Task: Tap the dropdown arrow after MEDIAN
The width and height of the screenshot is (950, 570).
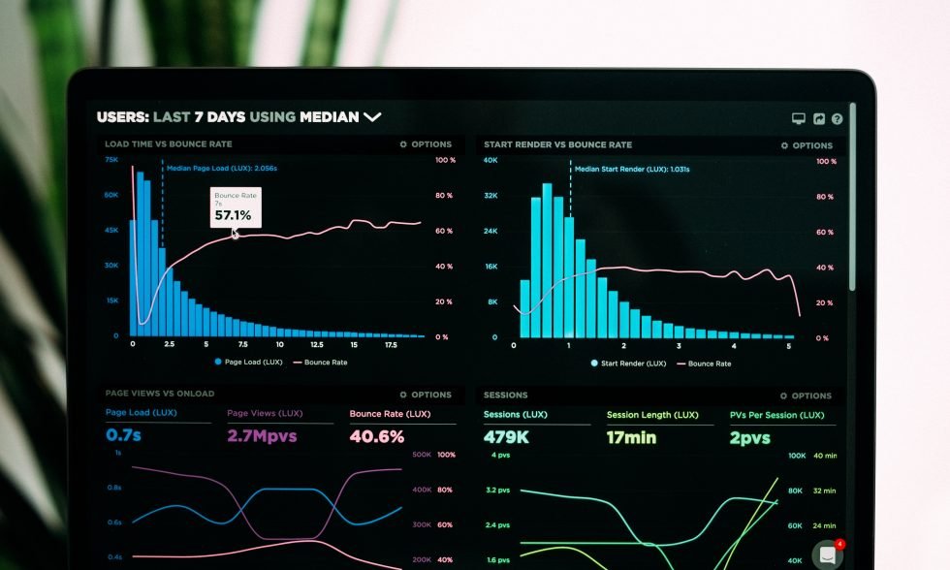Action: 372,117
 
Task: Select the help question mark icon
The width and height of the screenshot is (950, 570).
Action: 837,118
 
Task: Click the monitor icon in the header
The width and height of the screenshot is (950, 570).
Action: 799,118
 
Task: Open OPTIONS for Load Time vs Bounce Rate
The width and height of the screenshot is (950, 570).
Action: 426,144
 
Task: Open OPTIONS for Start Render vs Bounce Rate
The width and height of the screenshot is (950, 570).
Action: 807,145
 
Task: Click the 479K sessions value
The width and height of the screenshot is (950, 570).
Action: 506,437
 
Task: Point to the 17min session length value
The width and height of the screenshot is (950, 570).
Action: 631,437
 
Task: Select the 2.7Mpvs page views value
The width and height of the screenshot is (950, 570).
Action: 262,436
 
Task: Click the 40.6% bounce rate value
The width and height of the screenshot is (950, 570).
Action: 377,436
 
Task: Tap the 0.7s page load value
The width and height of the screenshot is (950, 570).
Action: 123,435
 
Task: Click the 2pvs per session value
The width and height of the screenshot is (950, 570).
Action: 749,438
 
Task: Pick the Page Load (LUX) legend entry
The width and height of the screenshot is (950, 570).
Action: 247,362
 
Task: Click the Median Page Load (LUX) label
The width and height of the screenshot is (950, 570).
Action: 222,168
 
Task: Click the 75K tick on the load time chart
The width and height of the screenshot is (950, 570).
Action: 111,159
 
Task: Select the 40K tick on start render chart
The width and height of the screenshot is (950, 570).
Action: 491,160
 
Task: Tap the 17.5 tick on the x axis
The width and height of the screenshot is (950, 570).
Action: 391,344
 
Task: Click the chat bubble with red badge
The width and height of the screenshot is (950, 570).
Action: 828,554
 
